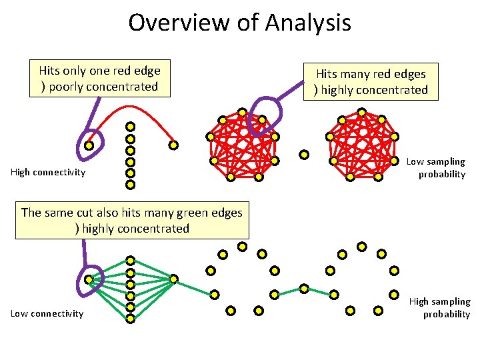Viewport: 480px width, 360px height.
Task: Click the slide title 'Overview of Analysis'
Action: [x=239, y=23]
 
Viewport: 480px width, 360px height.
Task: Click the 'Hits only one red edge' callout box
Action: [x=99, y=79]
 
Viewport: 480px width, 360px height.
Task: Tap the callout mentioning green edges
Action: [x=132, y=221]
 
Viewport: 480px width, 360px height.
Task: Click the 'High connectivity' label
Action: [x=48, y=173]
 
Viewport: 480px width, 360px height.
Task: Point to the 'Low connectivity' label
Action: [x=47, y=314]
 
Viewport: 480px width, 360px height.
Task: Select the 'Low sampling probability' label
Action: [x=437, y=168]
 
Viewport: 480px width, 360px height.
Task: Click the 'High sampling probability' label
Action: [x=440, y=308]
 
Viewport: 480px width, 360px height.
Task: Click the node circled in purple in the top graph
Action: [x=89, y=144]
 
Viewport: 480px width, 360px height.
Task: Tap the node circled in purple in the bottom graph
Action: [x=89, y=279]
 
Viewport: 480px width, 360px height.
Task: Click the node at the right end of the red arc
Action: [x=173, y=145]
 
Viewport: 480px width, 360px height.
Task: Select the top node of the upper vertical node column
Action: [x=131, y=126]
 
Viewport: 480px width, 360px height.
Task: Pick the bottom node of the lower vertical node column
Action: [x=131, y=319]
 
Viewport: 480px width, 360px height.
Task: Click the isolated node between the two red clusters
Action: [x=304, y=155]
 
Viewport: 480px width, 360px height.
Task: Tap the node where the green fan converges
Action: [x=173, y=279]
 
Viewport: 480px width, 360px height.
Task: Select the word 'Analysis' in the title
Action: [x=308, y=23]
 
